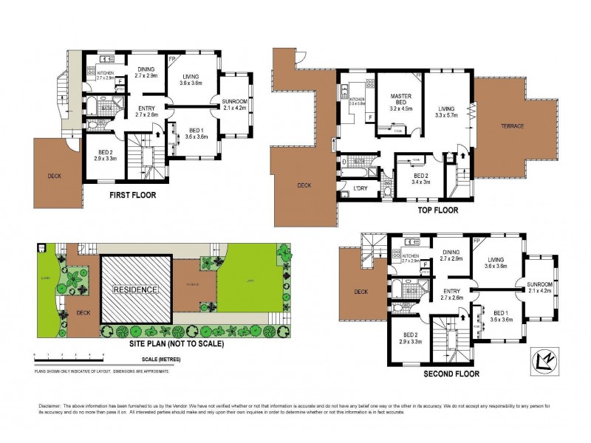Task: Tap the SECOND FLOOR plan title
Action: [x=451, y=374]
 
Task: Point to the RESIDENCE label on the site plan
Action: [x=134, y=290]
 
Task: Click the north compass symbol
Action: [x=544, y=360]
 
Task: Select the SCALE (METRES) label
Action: [x=157, y=360]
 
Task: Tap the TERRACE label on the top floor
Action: [x=511, y=126]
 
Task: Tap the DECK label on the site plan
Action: [x=83, y=312]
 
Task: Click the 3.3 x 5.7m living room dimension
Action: [x=448, y=115]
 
